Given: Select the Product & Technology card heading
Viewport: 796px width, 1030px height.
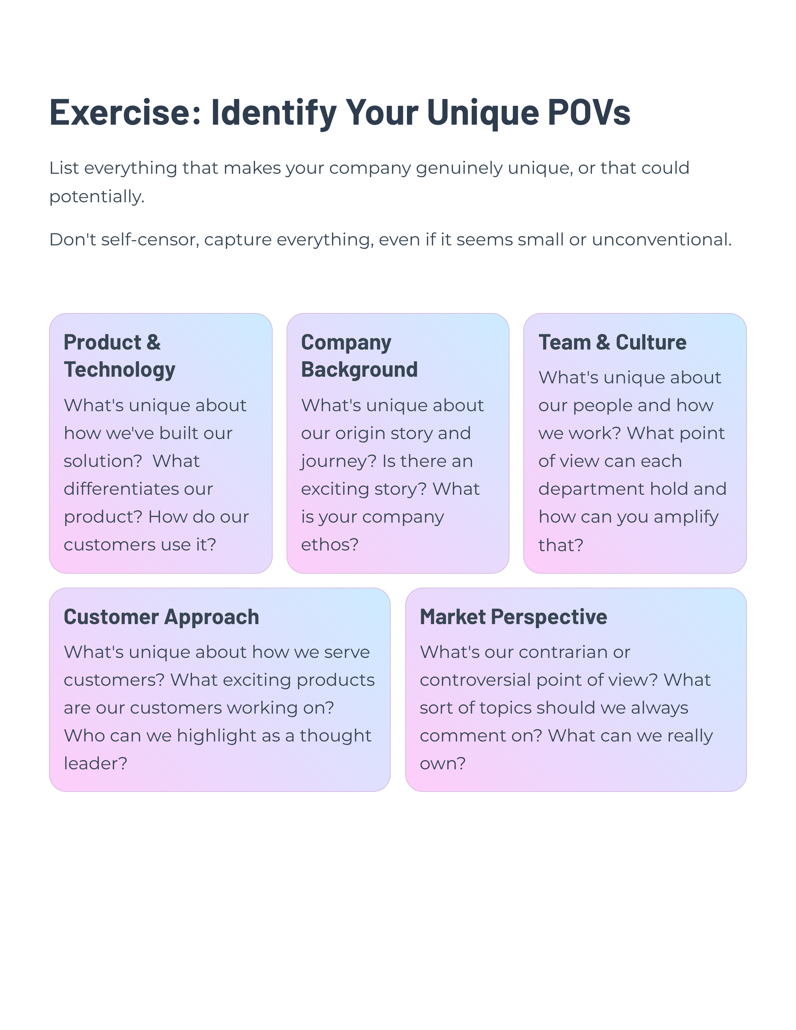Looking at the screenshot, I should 119,355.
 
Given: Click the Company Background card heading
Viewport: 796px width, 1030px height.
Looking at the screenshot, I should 359,355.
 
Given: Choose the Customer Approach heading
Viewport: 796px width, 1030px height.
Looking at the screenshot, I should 161,617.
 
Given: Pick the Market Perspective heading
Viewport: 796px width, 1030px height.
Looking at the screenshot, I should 513,617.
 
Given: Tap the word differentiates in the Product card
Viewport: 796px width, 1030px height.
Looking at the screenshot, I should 138,489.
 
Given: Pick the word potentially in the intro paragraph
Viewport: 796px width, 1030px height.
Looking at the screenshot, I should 96,196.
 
